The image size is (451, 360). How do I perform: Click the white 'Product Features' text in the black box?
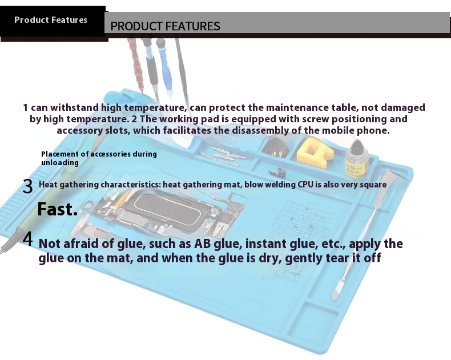pyautogui.click(x=51, y=19)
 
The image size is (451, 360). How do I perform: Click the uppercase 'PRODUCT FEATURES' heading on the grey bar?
pyautogui.click(x=165, y=26)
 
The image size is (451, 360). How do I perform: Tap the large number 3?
pyautogui.click(x=27, y=186)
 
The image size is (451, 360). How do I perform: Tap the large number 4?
pyautogui.click(x=27, y=239)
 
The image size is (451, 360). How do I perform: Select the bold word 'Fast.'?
pyautogui.click(x=58, y=209)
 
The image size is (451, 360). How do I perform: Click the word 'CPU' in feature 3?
pyautogui.click(x=305, y=185)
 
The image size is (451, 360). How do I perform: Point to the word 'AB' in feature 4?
pyautogui.click(x=203, y=243)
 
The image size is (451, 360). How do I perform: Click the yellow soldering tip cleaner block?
pyautogui.click(x=315, y=153)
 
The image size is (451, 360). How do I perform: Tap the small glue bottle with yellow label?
pyautogui.click(x=357, y=159)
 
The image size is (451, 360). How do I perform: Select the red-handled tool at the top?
pyautogui.click(x=136, y=65)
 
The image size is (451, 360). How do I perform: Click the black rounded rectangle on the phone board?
pyautogui.click(x=167, y=209)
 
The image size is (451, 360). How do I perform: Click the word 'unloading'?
pyautogui.click(x=60, y=163)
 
